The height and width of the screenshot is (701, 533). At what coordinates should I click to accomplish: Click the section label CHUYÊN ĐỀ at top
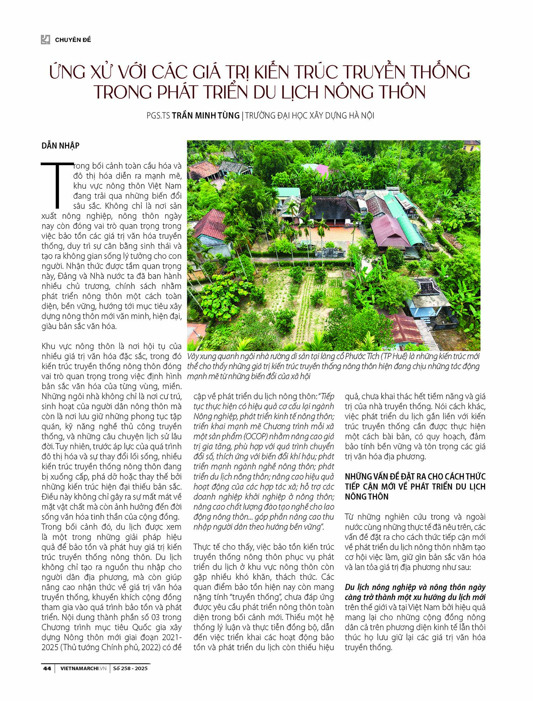click(x=73, y=40)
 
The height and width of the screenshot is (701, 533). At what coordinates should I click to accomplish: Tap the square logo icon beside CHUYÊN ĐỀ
click(x=45, y=39)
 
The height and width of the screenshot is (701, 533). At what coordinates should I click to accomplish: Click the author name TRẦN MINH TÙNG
click(x=206, y=115)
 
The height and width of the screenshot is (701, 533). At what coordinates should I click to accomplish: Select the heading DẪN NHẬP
click(x=60, y=146)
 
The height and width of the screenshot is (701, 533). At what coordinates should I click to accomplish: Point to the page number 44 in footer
click(x=47, y=668)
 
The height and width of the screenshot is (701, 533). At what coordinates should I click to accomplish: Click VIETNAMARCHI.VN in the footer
click(x=84, y=668)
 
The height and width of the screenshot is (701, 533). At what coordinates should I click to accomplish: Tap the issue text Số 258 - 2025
click(x=130, y=668)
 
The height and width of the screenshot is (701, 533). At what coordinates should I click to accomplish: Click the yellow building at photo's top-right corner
click(x=472, y=146)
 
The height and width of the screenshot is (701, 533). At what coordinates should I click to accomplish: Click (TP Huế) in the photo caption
click(x=392, y=356)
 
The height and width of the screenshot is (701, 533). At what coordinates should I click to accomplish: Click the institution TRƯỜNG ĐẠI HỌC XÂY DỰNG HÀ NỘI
click(x=309, y=115)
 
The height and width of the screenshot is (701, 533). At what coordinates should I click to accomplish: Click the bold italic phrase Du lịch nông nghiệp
click(x=379, y=587)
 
